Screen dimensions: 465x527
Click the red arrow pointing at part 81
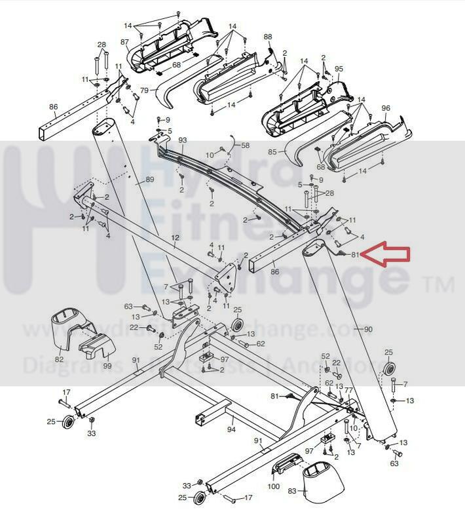pos(386,254)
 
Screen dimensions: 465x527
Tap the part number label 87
pos(124,42)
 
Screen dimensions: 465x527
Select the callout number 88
pos(267,37)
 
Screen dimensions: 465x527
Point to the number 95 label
pos(339,69)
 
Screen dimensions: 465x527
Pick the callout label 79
pos(144,90)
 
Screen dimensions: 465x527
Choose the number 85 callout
pos(273,152)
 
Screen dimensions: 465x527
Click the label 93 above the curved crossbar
pos(183,141)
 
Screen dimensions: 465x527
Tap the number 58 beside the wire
pos(246,146)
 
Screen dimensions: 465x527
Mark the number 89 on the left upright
pos(149,180)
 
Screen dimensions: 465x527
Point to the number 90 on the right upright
pos(367,329)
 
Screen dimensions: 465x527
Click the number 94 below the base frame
pos(231,429)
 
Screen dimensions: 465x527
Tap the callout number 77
pos(348,389)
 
